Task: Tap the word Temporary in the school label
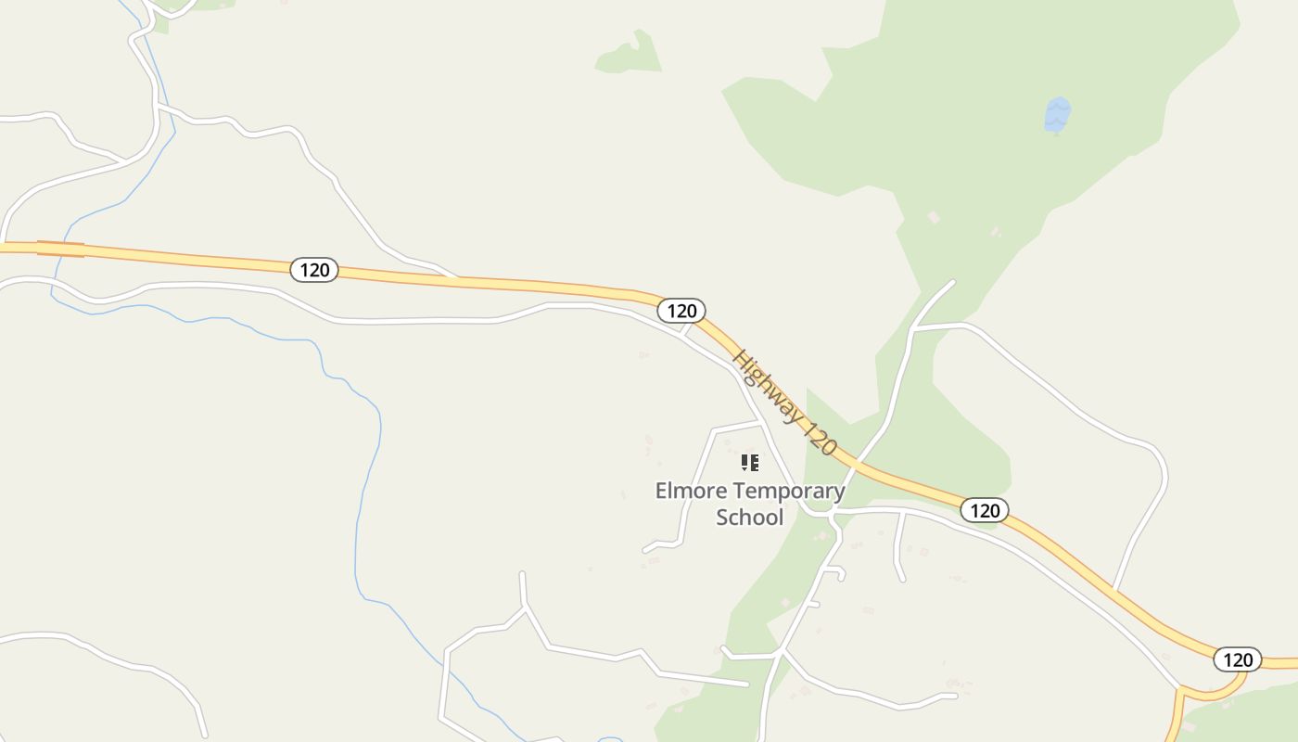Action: [x=786, y=491]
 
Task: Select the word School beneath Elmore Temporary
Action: [x=749, y=518]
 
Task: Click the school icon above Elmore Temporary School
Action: [x=750, y=462]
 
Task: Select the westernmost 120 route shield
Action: [x=315, y=270]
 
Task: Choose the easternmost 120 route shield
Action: [x=1237, y=659]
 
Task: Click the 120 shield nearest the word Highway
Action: [x=681, y=311]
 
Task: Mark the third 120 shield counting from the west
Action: [x=984, y=510]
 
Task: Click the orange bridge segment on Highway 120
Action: [x=60, y=248]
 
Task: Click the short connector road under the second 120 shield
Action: [x=687, y=327]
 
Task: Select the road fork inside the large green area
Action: [x=914, y=327]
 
